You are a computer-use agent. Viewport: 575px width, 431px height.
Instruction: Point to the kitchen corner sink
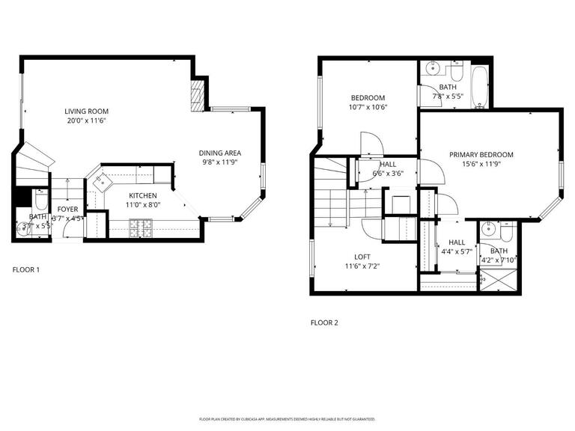click(99, 180)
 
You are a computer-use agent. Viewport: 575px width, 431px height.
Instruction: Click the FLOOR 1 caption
click(26, 269)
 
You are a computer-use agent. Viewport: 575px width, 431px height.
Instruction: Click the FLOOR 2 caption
click(324, 323)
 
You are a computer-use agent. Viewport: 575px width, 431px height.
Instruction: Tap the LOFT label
click(362, 257)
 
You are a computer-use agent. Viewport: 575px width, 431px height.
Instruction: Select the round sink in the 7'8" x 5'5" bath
click(430, 70)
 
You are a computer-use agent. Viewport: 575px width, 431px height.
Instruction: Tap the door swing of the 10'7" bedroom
click(371, 144)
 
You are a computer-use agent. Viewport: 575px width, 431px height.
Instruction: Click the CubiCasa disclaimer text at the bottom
click(287, 419)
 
